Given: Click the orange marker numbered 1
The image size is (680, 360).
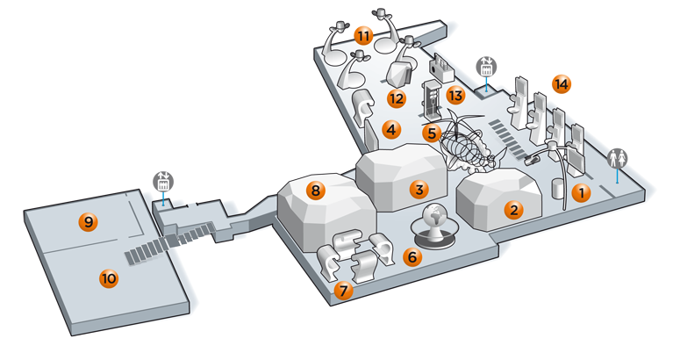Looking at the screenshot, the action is coord(581,192).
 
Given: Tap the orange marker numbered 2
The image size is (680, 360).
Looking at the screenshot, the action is coord(514,211).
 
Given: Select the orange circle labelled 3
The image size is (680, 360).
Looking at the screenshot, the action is coord(419,189).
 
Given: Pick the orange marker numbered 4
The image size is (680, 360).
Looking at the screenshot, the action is coord(391,129).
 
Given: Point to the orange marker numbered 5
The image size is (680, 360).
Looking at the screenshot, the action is coord(432,133).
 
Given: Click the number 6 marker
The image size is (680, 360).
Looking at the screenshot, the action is coord(412,256).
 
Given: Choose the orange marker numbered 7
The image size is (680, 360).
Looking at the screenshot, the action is coord(343,290).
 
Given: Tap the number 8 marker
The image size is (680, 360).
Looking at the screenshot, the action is coord(315,191).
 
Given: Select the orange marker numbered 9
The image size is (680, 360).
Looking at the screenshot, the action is coord(89,222).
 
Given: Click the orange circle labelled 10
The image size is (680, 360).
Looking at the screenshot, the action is coord(109,278).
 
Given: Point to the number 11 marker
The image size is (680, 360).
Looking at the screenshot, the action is coord(363,36).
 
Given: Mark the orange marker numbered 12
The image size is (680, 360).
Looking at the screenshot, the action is coord(397,99).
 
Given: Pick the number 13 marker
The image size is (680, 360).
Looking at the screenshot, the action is coord(455,95).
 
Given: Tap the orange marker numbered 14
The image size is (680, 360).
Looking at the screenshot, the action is coord(562,84).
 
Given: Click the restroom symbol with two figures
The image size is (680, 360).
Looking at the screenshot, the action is coord(617,158).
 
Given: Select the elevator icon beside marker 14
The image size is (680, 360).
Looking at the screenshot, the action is coord(486,68).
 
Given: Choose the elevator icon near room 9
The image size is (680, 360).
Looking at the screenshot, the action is coord(163,182).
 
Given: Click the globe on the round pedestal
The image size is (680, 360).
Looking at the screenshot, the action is coord(433,216).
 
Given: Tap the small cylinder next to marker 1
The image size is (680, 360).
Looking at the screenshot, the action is coord(557,189).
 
